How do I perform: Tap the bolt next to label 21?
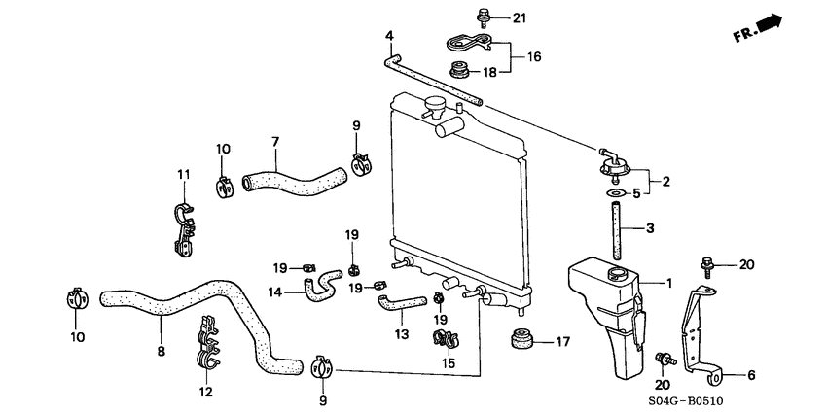[483, 16]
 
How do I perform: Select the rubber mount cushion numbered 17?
[522, 340]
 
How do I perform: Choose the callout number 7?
[275, 141]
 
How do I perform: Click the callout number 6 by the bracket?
[750, 373]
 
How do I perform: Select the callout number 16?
[534, 57]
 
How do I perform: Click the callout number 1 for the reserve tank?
[668, 283]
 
